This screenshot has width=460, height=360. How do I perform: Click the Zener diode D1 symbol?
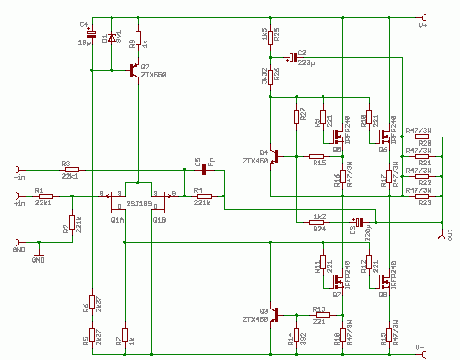(111, 37)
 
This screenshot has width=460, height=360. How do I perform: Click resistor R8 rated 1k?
(138, 38)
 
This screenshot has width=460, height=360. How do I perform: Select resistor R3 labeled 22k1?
(72, 170)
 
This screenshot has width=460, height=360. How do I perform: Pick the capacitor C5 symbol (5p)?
(204, 170)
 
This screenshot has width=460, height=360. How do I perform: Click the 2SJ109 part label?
(139, 204)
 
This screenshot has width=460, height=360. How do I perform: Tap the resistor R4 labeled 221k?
(204, 196)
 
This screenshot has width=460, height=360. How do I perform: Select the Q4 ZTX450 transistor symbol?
(274, 157)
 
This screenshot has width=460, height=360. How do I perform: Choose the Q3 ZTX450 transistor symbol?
(274, 315)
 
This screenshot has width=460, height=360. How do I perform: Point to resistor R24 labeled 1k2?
(316, 223)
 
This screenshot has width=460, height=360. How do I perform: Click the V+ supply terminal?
(424, 17)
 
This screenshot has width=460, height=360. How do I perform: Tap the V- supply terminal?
(424, 355)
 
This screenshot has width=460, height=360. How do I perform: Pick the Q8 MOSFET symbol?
(384, 282)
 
